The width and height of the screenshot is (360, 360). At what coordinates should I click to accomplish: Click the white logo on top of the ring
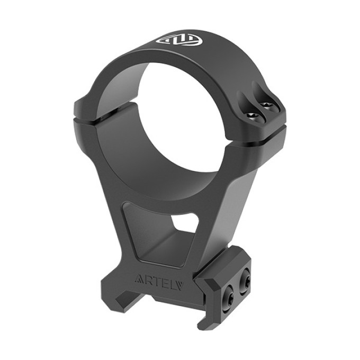pos(179,40)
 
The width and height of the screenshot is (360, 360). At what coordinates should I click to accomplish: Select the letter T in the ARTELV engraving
pos(157,281)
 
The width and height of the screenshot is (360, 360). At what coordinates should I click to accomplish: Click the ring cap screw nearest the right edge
pos(266,105)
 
